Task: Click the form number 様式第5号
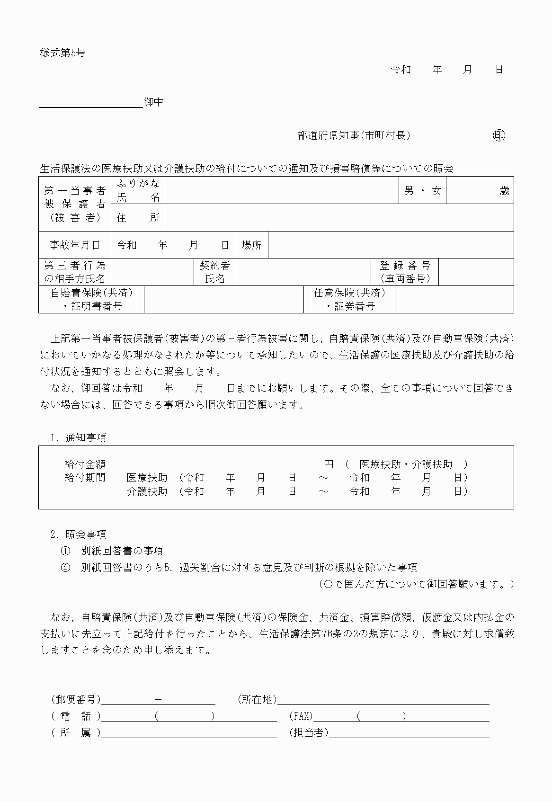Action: (x=62, y=53)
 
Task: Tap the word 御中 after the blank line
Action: (x=154, y=102)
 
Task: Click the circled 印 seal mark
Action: (x=499, y=135)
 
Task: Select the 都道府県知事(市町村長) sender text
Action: (x=354, y=135)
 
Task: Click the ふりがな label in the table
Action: (x=138, y=184)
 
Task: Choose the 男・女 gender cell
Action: (x=423, y=191)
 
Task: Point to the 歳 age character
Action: (x=504, y=191)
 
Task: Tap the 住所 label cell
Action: (x=138, y=218)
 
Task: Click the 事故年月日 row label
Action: (x=75, y=245)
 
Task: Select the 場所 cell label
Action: (x=251, y=245)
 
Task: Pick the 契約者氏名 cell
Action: (x=215, y=272)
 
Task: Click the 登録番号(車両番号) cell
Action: (x=405, y=272)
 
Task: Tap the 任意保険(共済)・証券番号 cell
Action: (x=349, y=300)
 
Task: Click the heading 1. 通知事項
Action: (x=79, y=438)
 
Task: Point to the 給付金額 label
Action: (x=85, y=464)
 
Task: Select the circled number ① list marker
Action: (x=65, y=551)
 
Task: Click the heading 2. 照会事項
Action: (x=79, y=535)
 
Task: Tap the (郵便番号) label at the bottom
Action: (x=76, y=700)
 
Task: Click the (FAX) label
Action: (x=301, y=716)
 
